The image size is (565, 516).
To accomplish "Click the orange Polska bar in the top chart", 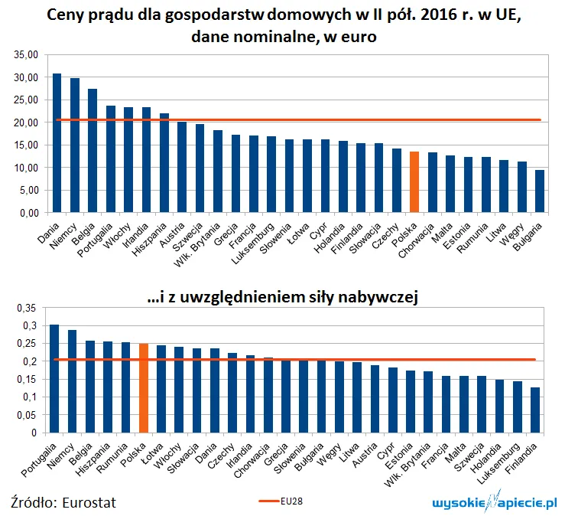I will coord(414,181).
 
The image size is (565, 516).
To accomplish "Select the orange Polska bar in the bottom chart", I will coord(143,388).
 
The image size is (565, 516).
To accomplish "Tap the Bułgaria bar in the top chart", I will coord(540,191).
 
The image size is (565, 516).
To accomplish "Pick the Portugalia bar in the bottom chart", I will coord(54,379).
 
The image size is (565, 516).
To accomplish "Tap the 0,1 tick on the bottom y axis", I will coord(29,397).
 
